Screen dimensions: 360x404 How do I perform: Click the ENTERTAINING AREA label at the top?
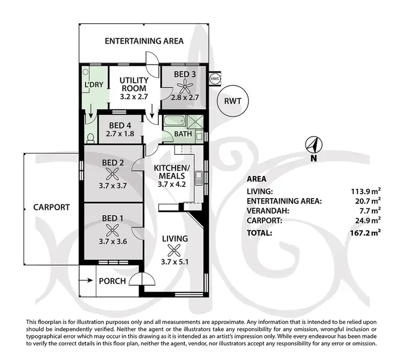pos(144,41)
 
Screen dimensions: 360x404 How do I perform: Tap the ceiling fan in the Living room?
pos(173,249)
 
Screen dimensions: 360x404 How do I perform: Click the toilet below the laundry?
pos(89,139)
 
